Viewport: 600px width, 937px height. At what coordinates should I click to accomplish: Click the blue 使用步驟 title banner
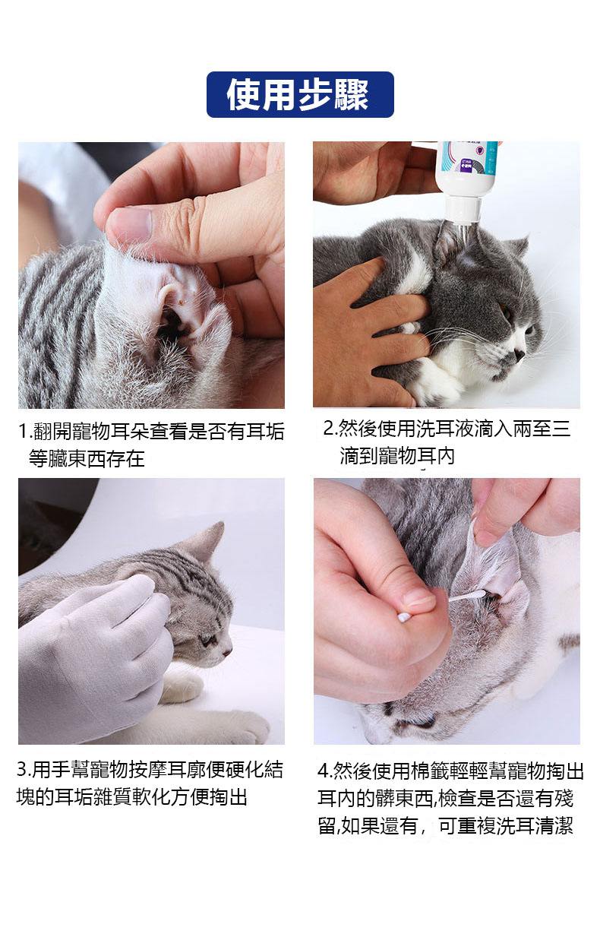coord(300,94)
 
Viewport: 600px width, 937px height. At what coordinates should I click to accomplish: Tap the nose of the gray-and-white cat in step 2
coord(519,355)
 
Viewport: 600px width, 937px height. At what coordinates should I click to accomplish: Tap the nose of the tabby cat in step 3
coord(227,650)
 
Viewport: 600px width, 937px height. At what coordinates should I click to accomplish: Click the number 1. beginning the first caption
coord(26,432)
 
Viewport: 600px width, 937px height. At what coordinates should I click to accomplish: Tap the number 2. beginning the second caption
coord(330,429)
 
